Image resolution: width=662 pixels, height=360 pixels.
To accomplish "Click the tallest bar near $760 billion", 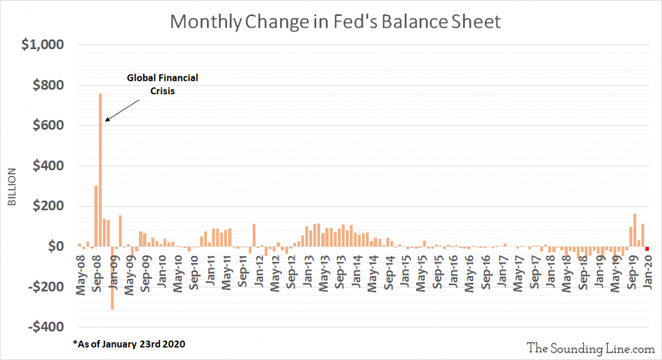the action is (x=100, y=170).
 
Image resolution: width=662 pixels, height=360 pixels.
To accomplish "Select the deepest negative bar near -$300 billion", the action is (x=112, y=278).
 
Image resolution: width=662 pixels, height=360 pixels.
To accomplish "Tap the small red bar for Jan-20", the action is (x=646, y=249).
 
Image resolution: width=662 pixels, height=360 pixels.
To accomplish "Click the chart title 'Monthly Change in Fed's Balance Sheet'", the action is (x=336, y=21).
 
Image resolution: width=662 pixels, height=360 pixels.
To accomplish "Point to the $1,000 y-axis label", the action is (x=43, y=45).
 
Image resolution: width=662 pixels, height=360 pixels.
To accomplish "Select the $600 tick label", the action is (x=48, y=125).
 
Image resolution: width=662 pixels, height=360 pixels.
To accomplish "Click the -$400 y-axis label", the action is (x=46, y=326).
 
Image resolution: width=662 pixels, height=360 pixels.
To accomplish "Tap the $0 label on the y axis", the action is (x=56, y=246).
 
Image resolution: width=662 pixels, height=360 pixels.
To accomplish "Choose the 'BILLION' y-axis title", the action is (x=12, y=187).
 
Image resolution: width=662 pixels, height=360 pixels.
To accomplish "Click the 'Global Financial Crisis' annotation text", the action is (x=162, y=84).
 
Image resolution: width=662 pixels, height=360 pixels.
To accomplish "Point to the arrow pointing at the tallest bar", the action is (x=122, y=111).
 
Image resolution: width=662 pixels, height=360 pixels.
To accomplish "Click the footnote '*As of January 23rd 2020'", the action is (x=129, y=344).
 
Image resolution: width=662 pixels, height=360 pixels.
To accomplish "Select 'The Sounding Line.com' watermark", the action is (x=591, y=348).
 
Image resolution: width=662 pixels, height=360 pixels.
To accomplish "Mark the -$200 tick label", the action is (x=46, y=286).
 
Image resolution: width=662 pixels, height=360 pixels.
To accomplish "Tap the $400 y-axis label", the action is (x=48, y=165).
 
